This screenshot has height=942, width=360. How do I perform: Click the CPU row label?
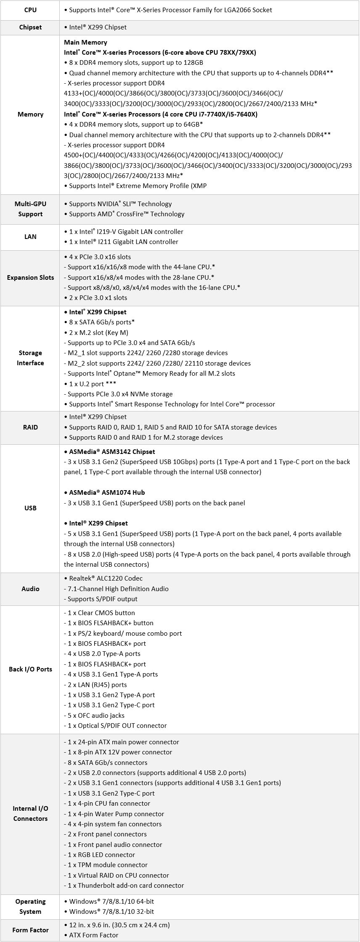[30, 10]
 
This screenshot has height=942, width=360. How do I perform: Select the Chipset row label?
[30, 27]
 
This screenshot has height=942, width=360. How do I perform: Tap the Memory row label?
[30, 114]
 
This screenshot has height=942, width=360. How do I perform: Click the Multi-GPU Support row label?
[30, 209]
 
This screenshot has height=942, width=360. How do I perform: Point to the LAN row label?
[30, 237]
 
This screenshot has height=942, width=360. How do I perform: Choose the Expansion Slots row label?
[30, 278]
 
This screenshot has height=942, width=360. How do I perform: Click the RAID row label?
[30, 427]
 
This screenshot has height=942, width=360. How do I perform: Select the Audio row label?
[30, 589]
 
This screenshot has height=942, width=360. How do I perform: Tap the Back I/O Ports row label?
[30, 669]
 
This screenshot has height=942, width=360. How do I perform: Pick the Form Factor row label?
[30, 930]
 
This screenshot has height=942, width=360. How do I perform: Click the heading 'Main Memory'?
[85, 42]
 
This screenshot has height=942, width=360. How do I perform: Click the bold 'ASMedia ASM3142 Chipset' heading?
[111, 452]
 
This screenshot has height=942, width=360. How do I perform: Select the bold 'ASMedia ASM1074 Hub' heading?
[106, 493]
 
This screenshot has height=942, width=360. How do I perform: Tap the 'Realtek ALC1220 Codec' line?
[106, 578]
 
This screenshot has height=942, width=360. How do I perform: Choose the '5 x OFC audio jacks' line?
[96, 716]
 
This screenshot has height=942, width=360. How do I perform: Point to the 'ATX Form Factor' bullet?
[93, 935]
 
